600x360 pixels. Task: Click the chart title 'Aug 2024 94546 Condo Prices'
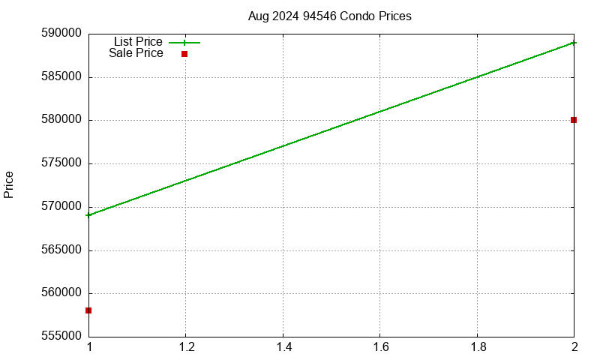tap(329, 16)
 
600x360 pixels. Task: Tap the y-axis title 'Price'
tap(9, 184)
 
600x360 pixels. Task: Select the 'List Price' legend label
tap(138, 42)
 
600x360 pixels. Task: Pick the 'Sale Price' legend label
tap(136, 53)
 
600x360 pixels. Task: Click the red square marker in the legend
tap(184, 54)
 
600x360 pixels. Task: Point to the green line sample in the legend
tap(184, 43)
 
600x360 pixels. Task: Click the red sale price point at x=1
tap(88, 310)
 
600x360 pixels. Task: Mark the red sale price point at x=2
tap(574, 120)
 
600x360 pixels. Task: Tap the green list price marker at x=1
tap(88, 215)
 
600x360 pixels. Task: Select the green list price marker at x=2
tap(574, 43)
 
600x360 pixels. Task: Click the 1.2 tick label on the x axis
tap(186, 347)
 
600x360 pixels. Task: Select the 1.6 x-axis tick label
tap(380, 347)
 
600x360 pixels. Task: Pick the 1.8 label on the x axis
tap(477, 347)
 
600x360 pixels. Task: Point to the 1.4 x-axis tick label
tap(283, 347)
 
